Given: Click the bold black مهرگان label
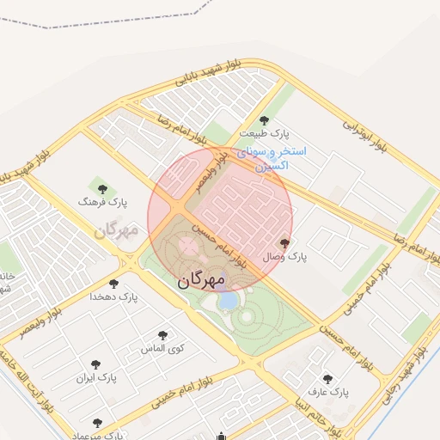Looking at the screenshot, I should pyautogui.click(x=201, y=280).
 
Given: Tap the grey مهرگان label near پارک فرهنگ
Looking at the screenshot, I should pyautogui.click(x=117, y=230).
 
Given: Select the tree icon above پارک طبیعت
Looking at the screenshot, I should pyautogui.click(x=264, y=120).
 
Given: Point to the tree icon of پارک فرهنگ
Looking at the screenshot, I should pyautogui.click(x=102, y=188).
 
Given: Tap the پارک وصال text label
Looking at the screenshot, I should pyautogui.click(x=284, y=257).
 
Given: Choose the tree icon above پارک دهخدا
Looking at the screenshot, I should pyautogui.click(x=113, y=284).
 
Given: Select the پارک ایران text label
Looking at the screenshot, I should pyautogui.click(x=95, y=377).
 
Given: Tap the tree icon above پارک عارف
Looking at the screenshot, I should pyautogui.click(x=327, y=378).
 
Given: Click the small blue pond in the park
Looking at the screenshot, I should pyautogui.click(x=229, y=301).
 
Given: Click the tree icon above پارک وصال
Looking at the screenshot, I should pyautogui.click(x=285, y=244).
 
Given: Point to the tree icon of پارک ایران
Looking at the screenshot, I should pyautogui.click(x=89, y=364).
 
